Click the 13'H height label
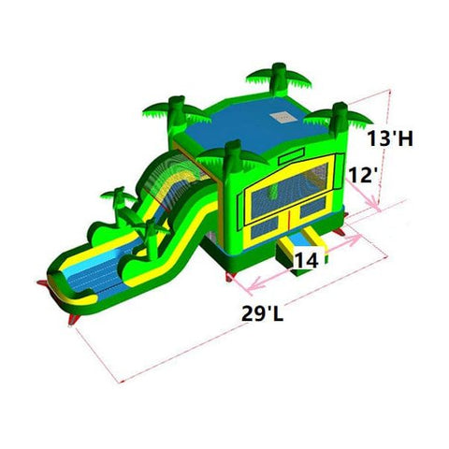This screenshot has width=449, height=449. pos(392,139)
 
